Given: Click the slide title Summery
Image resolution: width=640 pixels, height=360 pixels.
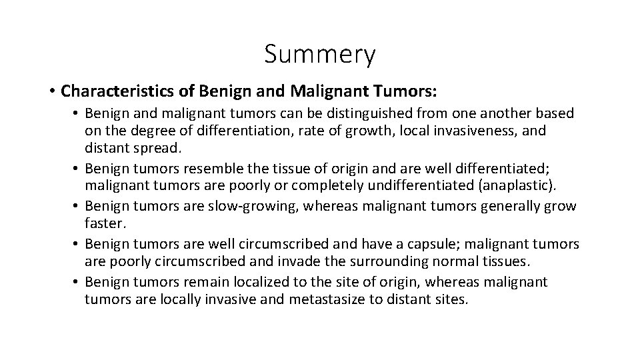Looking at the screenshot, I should (x=319, y=55).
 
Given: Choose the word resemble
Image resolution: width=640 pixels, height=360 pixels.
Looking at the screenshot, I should (x=212, y=166).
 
